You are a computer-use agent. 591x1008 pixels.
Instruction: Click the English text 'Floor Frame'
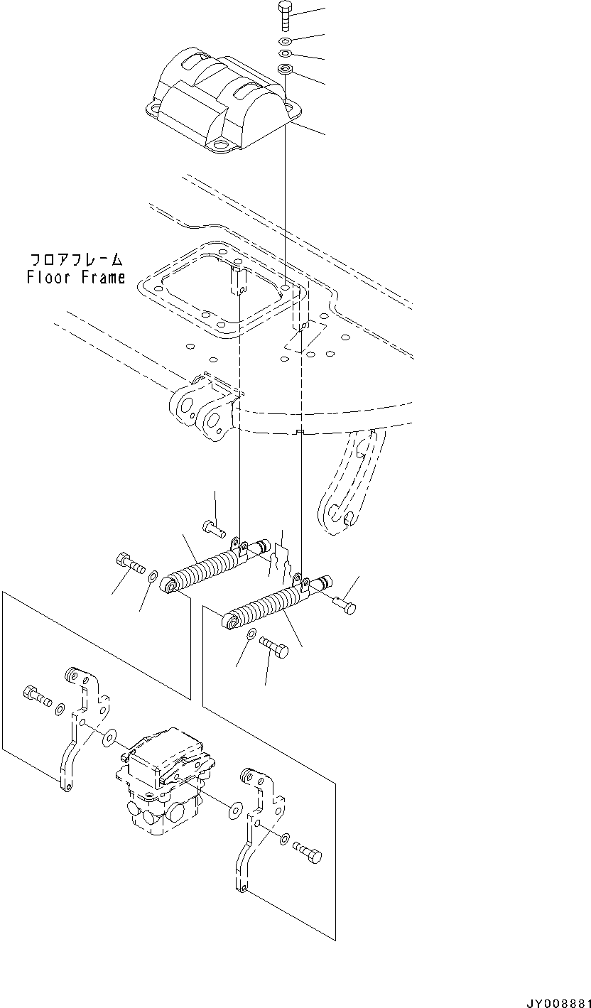76,278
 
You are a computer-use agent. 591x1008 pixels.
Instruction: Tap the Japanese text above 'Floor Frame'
76,259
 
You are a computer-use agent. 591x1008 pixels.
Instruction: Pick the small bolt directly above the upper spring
213,528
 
